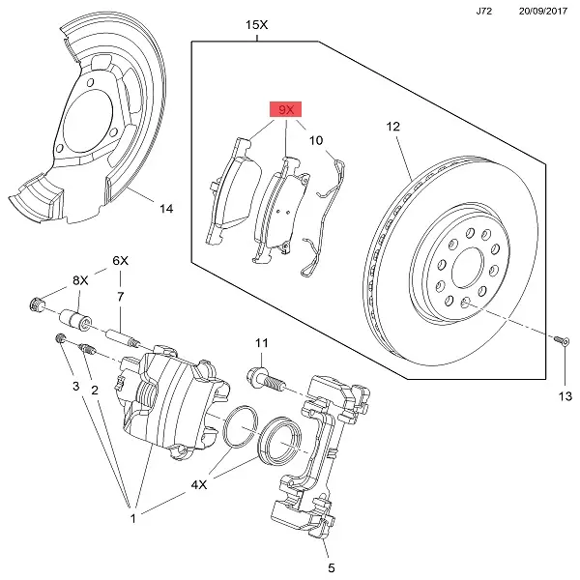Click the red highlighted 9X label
coord(285,111)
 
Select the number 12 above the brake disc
coord(392,127)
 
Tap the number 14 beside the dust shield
coord(165,209)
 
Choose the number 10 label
coord(316,141)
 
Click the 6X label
coord(120,261)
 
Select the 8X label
coord(79,280)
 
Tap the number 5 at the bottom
coord(330,567)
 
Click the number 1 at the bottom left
coord(134,519)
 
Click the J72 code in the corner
coord(483,12)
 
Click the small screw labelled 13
coord(561,339)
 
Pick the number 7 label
coord(120,297)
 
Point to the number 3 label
coord(74,387)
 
